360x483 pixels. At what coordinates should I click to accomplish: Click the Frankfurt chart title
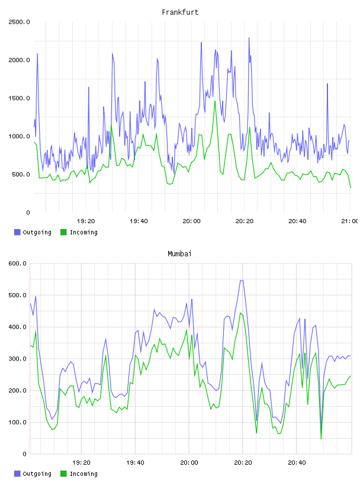(180, 12)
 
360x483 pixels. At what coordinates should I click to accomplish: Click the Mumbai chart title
(179, 254)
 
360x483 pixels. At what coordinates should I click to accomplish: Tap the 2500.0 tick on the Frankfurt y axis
(19, 22)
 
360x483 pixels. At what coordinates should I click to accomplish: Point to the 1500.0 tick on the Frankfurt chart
(19, 98)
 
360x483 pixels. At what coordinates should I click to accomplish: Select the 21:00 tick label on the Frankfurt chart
(350, 221)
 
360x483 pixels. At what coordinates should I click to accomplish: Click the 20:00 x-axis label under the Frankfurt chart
(191, 221)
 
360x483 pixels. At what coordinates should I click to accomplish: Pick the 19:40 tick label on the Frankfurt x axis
(139, 221)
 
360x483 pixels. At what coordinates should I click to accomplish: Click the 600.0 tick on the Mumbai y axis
(17, 263)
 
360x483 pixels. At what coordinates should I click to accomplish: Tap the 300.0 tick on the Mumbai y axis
(17, 359)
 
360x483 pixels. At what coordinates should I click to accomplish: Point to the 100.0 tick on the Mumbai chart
(17, 422)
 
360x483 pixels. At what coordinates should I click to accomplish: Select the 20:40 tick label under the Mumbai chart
(297, 463)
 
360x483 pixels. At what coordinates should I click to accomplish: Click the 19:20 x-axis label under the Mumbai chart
(81, 463)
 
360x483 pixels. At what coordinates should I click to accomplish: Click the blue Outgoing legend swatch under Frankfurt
(17, 232)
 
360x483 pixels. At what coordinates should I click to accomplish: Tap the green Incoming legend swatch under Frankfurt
(63, 232)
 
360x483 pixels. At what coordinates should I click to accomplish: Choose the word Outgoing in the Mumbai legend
(37, 474)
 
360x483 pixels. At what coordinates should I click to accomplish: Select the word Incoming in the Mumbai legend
(83, 474)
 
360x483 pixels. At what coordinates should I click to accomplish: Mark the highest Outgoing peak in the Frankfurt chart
(249, 38)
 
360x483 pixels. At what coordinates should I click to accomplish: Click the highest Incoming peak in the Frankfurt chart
(215, 101)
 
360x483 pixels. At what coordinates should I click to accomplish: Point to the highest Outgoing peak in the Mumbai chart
(242, 281)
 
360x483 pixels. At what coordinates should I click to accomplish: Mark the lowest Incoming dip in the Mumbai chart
(321, 439)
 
